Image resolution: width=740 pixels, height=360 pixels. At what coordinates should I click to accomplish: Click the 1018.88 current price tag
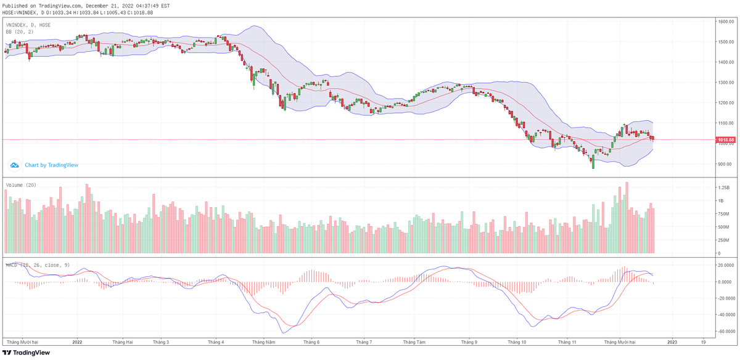pyautogui.click(x=725, y=140)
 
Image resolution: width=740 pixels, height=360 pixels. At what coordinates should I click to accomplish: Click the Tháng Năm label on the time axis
pyautogui.click(x=263, y=341)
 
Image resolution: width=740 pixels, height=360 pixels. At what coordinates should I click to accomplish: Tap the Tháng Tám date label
pyautogui.click(x=414, y=341)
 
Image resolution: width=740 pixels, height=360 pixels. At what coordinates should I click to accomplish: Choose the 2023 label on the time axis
pyautogui.click(x=672, y=341)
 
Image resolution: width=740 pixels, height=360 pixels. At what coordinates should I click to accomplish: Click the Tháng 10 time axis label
pyautogui.click(x=517, y=341)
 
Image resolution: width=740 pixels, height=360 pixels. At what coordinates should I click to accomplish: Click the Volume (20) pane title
pyautogui.click(x=21, y=184)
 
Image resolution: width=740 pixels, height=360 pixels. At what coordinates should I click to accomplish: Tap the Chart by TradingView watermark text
pyautogui.click(x=51, y=165)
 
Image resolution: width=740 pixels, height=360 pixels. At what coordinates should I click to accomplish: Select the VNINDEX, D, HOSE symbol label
pyautogui.click(x=28, y=25)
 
